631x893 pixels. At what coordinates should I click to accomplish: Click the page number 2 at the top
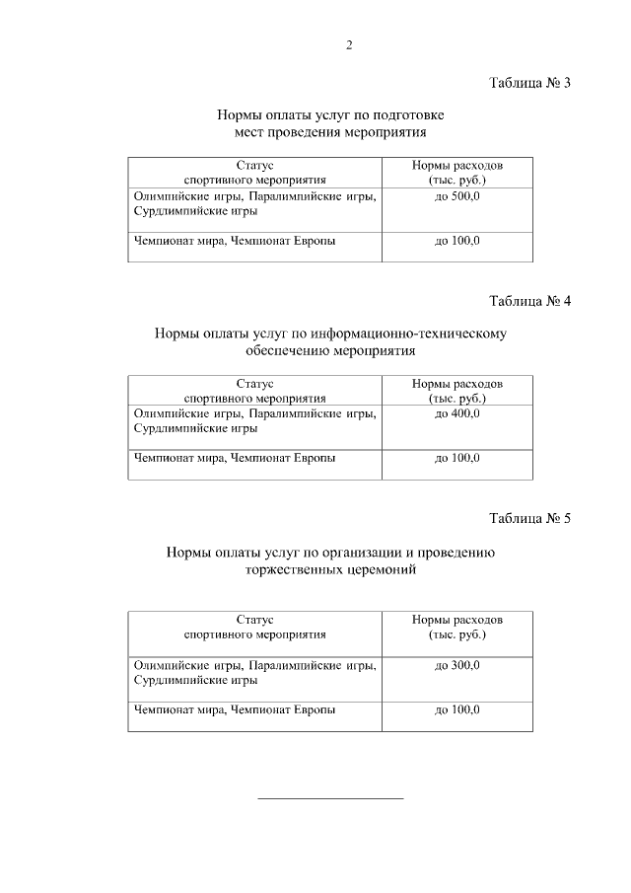click(x=349, y=45)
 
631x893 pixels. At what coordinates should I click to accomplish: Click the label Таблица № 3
click(x=530, y=82)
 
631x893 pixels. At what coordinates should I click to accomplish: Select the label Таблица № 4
click(x=530, y=300)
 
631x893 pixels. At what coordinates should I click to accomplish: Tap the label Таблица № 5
click(x=530, y=518)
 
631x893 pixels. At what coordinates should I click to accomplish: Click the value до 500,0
click(x=456, y=197)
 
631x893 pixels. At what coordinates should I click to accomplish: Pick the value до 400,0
click(x=456, y=414)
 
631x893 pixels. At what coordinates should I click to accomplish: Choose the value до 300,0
click(x=456, y=666)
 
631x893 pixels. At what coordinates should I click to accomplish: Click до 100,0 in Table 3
click(x=456, y=242)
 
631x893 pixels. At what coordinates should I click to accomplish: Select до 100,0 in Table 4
click(x=456, y=459)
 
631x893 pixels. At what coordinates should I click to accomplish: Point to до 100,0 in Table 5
click(x=456, y=710)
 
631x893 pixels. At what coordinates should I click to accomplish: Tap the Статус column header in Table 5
click(x=254, y=619)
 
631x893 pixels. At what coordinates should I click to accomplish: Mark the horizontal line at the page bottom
click(x=330, y=797)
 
